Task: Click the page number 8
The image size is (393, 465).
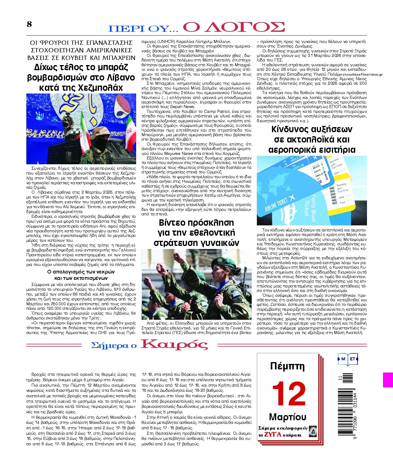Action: coord(29,24)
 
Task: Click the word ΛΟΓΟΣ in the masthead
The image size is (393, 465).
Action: coord(234,27)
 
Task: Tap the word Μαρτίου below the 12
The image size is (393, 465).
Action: coord(287,417)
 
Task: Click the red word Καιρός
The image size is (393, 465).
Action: coord(174,344)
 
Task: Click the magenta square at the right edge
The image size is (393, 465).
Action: coord(388,380)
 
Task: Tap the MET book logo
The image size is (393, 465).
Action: coord(348,359)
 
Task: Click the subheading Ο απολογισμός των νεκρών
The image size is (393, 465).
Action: coord(81,272)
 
